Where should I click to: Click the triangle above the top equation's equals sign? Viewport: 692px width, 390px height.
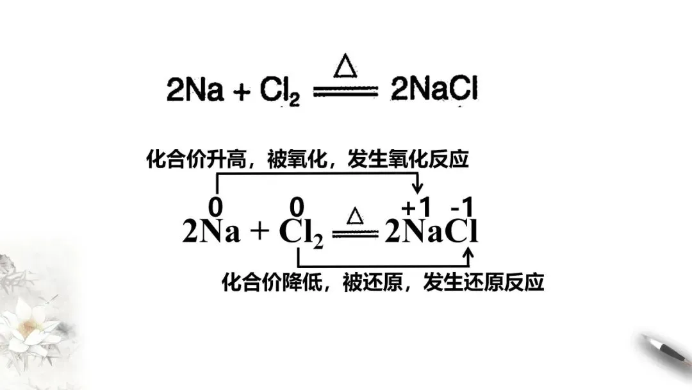(346, 67)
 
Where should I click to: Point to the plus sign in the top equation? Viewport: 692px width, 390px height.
(241, 92)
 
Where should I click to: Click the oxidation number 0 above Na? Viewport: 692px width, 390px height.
(217, 207)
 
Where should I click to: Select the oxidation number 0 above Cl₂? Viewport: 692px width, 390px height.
(296, 207)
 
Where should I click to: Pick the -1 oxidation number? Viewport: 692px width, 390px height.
(463, 207)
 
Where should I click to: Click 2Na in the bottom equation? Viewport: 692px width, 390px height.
(211, 232)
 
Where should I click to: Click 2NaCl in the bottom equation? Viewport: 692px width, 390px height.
(431, 232)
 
